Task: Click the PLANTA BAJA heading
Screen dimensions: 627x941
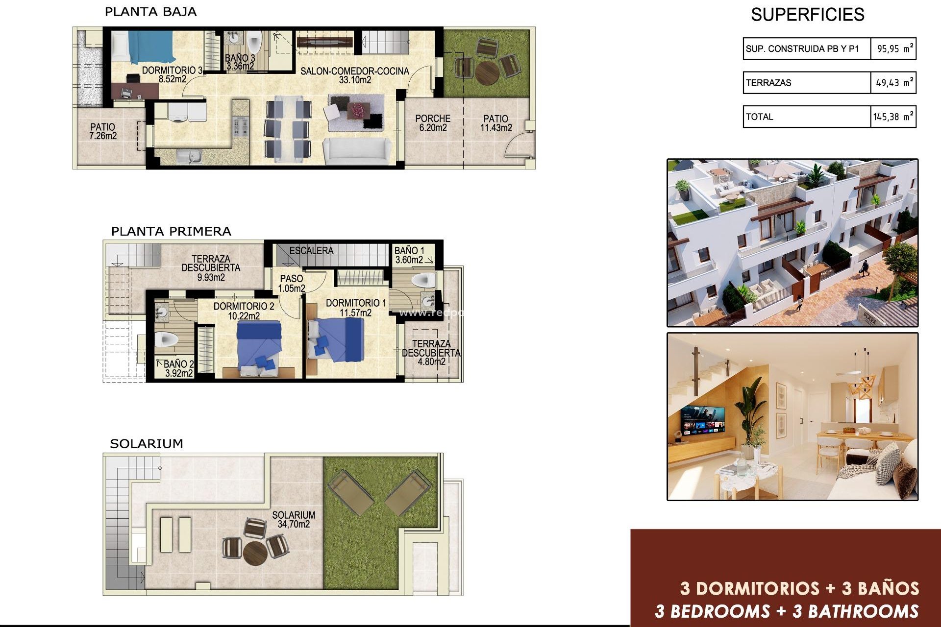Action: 150,12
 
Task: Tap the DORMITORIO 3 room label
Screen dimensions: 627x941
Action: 172,71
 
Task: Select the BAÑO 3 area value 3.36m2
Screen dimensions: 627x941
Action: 240,66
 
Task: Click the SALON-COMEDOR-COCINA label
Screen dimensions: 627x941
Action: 354,71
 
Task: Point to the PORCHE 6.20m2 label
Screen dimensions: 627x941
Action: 433,123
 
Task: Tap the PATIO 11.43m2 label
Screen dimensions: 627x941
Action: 496,123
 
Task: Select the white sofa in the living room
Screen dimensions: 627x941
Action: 356,151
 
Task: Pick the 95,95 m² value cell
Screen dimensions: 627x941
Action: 894,48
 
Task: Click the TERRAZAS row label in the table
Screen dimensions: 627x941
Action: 768,83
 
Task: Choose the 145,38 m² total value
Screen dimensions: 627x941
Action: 893,117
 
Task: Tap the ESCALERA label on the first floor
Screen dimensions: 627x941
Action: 311,251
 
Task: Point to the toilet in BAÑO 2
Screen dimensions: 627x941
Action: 166,339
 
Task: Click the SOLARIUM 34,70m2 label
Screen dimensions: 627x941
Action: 294,519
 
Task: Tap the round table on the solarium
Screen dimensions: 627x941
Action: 255,553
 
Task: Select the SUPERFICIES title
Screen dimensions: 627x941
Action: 807,15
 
